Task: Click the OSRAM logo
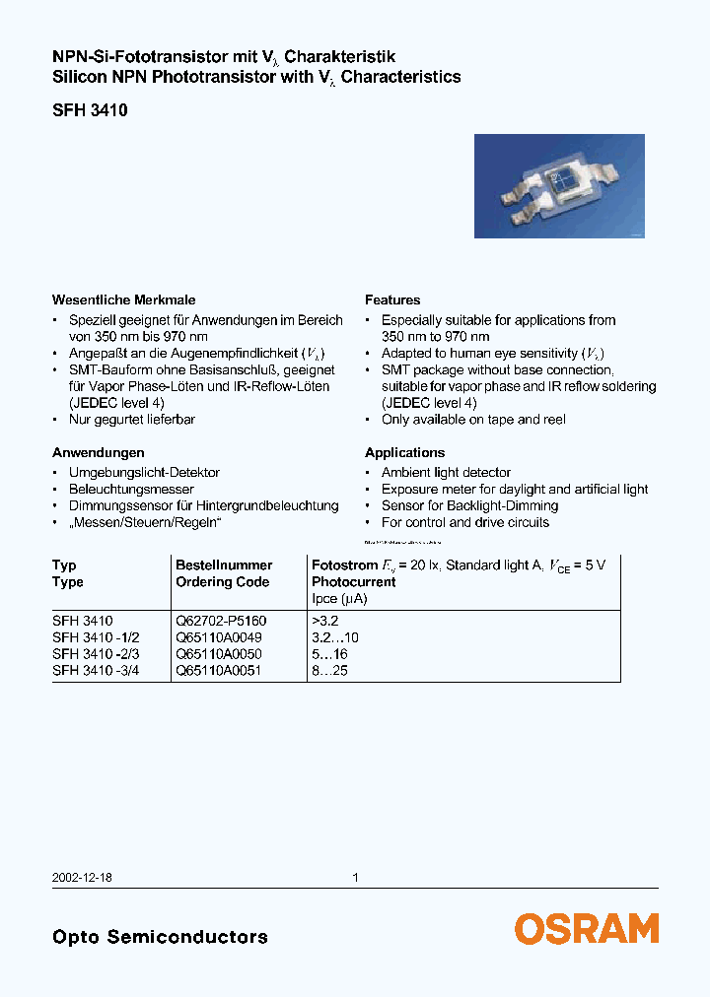(x=586, y=928)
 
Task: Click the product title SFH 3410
(x=90, y=111)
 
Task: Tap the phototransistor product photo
(x=559, y=186)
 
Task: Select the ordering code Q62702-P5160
(x=221, y=622)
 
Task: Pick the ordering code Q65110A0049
(x=218, y=637)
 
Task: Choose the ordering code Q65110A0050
(x=218, y=654)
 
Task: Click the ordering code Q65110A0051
(x=218, y=670)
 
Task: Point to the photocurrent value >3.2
(x=325, y=622)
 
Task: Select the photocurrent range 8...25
(x=330, y=670)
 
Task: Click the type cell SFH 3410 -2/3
(x=97, y=654)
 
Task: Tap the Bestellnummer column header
(x=224, y=565)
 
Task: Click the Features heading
(x=392, y=299)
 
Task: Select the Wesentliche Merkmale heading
(x=123, y=299)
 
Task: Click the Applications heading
(x=404, y=452)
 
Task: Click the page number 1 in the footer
(x=355, y=878)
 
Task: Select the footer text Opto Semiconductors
(x=160, y=937)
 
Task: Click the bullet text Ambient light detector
(x=446, y=473)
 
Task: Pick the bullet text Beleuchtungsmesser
(x=131, y=490)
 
